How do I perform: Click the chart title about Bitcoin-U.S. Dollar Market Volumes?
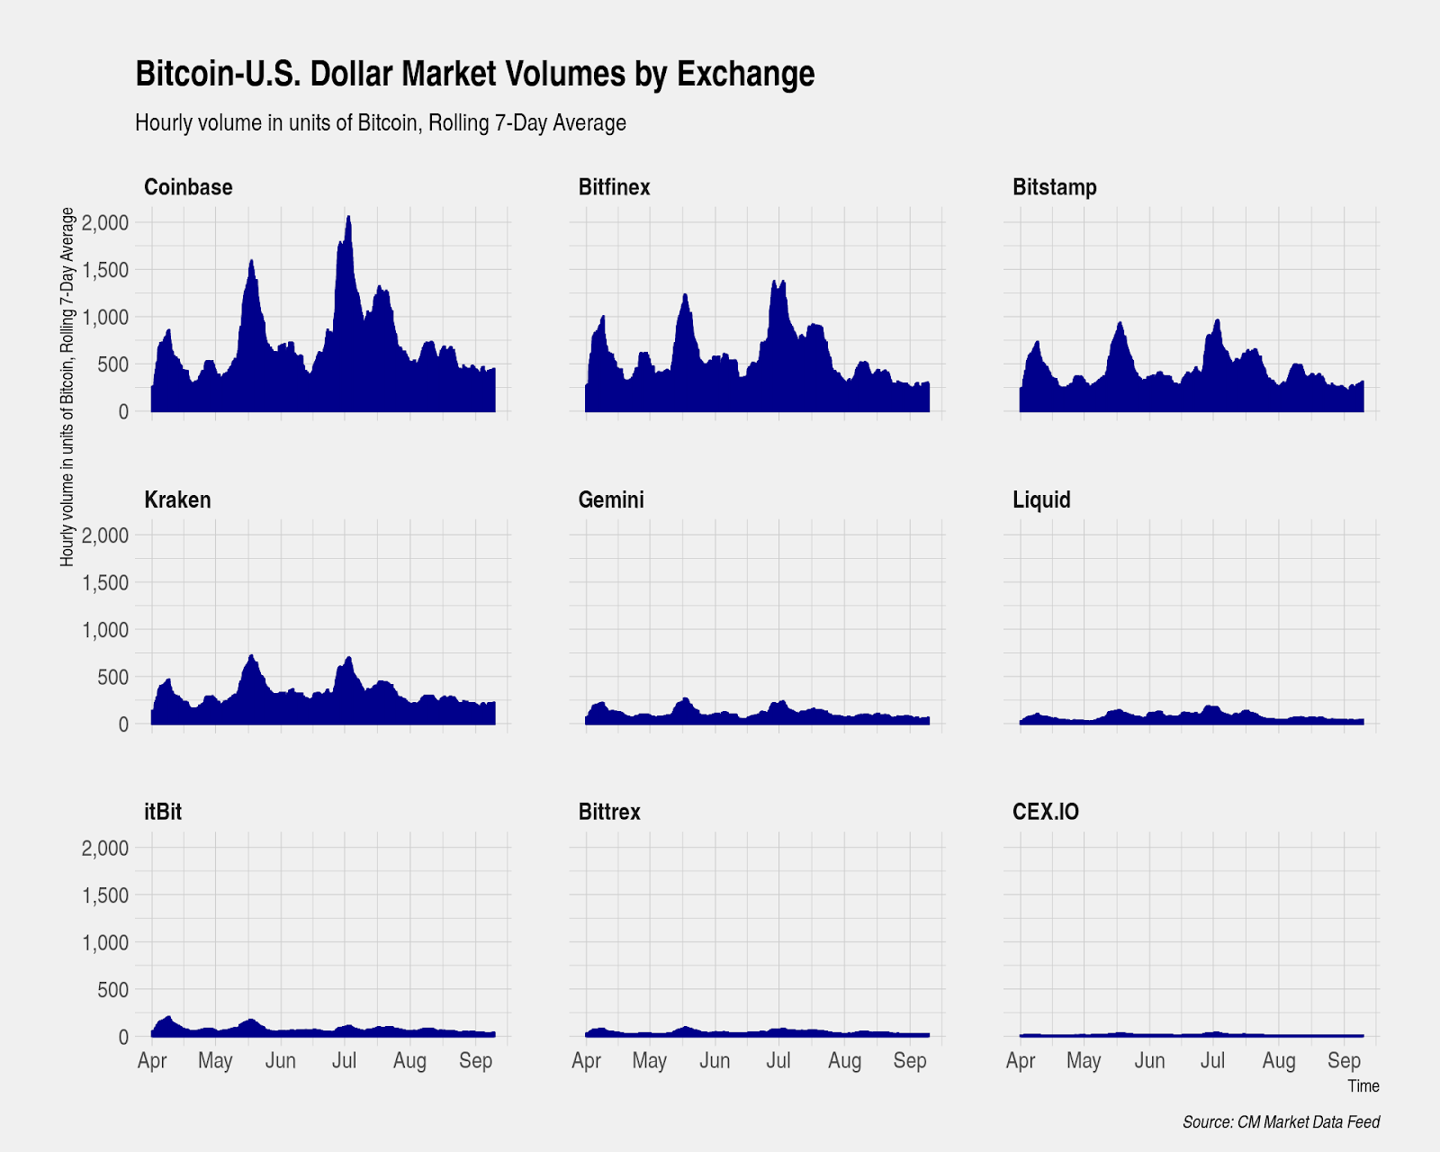point(474,74)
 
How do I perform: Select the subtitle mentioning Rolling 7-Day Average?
point(380,122)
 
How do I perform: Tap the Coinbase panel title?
point(188,187)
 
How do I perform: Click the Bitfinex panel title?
point(614,187)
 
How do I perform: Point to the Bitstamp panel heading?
point(1054,187)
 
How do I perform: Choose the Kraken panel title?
point(177,499)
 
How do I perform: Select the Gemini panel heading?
point(611,499)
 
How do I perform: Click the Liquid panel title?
point(1041,499)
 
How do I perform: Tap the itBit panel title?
point(163,812)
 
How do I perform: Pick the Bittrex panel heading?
point(609,812)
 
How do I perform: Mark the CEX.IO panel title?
point(1045,812)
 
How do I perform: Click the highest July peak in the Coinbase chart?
point(348,217)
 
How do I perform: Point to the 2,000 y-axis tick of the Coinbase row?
point(105,222)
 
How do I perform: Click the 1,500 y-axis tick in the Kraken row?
point(105,582)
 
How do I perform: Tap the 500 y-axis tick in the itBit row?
point(112,989)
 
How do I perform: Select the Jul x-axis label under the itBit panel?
point(344,1060)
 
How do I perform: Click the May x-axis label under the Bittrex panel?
point(649,1060)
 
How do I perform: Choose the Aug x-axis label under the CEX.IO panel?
point(1278,1060)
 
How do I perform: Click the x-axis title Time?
point(1363,1086)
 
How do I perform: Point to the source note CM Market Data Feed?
point(1281,1122)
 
